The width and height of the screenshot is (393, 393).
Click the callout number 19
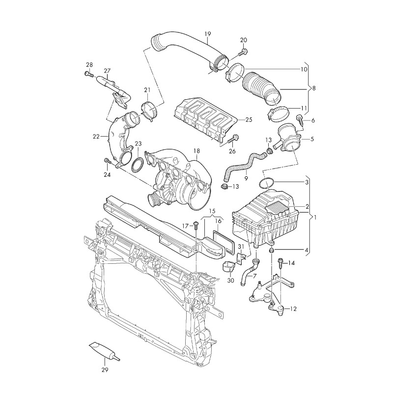tap(207, 34)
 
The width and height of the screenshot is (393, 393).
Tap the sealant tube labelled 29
tap(102, 351)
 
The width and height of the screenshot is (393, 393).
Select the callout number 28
tap(89, 65)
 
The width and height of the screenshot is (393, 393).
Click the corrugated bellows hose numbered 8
tap(262, 88)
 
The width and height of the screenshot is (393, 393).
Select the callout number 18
tap(196, 151)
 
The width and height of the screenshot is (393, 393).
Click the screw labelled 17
tap(196, 226)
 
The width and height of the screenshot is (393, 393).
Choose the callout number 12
tap(294, 309)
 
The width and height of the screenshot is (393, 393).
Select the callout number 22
tap(97, 136)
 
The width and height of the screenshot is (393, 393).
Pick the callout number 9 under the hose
tap(246, 177)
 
